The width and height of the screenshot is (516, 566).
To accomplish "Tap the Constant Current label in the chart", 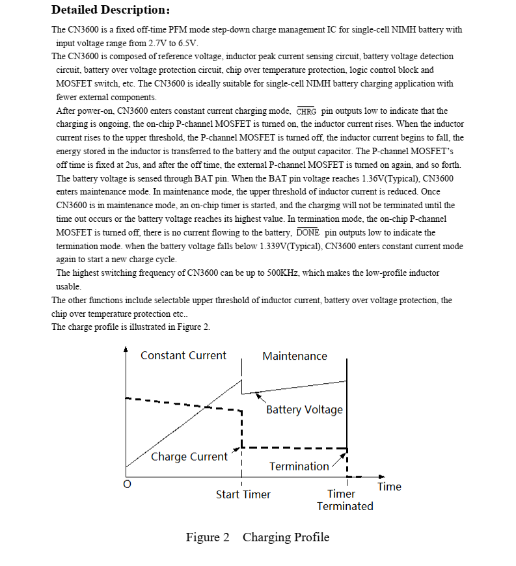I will [x=183, y=355].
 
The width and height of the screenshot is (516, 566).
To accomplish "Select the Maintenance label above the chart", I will [x=295, y=356].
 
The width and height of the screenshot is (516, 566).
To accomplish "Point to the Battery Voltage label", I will [x=304, y=409].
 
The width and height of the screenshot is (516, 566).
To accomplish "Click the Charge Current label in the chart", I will [x=189, y=457].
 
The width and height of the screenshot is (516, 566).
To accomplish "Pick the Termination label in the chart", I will [x=299, y=466].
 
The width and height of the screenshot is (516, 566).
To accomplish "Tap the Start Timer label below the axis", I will [x=243, y=494].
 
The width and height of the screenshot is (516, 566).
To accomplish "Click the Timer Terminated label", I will [x=344, y=500].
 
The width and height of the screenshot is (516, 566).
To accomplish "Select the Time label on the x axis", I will [x=389, y=487].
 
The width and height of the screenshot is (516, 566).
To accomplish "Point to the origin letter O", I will [x=127, y=485].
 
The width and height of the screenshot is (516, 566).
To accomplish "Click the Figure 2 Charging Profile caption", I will [x=258, y=537].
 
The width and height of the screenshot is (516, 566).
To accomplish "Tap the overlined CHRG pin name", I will [x=306, y=111].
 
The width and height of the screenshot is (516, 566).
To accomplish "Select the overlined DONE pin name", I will [x=307, y=232].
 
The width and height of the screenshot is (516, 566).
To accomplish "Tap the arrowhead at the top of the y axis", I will [x=126, y=349].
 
